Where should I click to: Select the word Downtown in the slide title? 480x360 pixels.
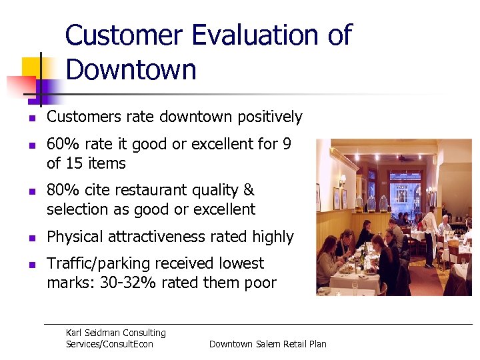coord(131,70)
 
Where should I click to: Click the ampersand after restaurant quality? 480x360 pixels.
coord(249,191)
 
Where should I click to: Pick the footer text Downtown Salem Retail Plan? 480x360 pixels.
coord(267,344)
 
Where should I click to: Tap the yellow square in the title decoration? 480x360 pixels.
coord(32,69)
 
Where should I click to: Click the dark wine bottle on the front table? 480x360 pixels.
coord(364,257)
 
